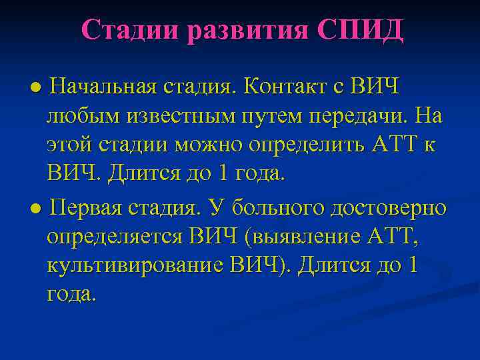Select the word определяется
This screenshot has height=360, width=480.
click(x=114, y=237)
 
